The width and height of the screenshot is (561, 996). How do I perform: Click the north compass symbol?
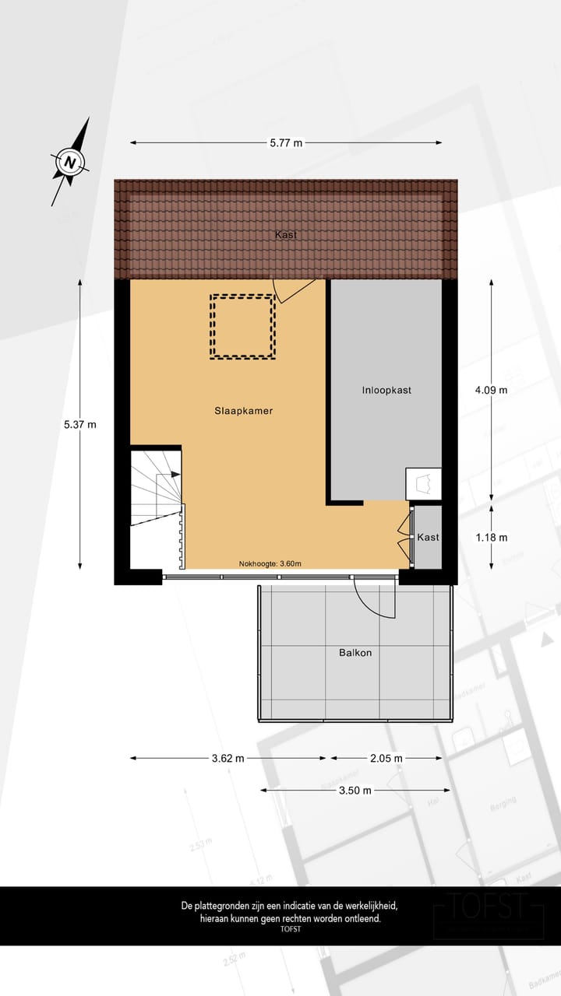pyautogui.click(x=70, y=163)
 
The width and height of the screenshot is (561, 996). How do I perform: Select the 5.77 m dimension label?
pyautogui.click(x=286, y=143)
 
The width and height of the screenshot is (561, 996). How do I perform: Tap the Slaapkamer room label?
pyautogui.click(x=244, y=412)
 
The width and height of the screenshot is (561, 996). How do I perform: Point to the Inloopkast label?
pyautogui.click(x=386, y=390)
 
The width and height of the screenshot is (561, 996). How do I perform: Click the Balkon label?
pyautogui.click(x=355, y=653)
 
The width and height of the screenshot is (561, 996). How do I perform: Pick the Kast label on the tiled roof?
pyautogui.click(x=285, y=234)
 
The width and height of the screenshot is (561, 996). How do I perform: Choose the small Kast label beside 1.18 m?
pyautogui.click(x=428, y=538)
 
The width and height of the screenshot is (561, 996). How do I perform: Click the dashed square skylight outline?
pyautogui.click(x=242, y=327)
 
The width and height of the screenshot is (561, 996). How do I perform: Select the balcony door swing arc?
pyautogui.click(x=375, y=598)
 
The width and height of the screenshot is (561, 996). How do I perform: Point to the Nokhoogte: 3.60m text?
pyautogui.click(x=270, y=564)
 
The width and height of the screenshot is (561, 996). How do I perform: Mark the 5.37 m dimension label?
pyautogui.click(x=80, y=424)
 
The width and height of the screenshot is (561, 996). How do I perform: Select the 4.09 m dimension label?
pyautogui.click(x=491, y=390)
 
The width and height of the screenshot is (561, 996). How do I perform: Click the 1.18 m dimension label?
pyautogui.click(x=491, y=538)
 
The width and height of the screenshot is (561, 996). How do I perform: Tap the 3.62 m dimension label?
pyautogui.click(x=228, y=758)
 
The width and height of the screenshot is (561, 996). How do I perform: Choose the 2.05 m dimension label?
pyautogui.click(x=386, y=758)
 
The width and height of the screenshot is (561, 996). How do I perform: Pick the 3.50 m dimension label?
pyautogui.click(x=355, y=790)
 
